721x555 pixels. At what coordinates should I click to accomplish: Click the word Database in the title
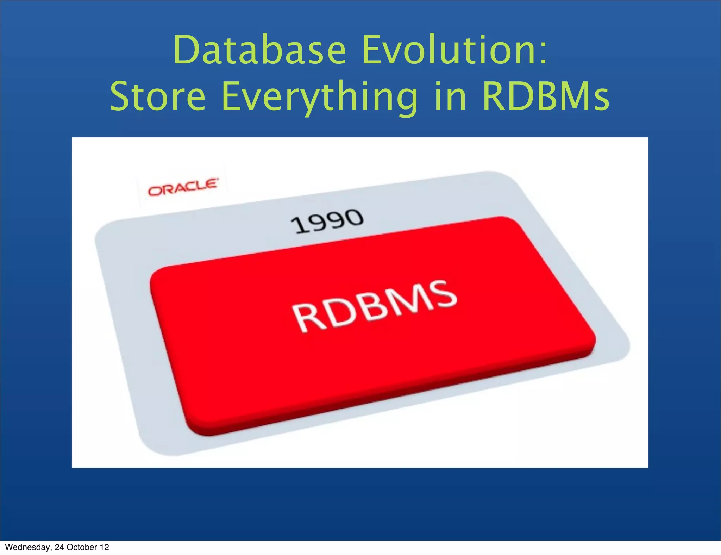click(260, 50)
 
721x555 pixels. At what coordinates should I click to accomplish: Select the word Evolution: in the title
click(454, 50)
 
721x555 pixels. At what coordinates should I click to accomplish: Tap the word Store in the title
click(158, 96)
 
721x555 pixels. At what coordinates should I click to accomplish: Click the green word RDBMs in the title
click(546, 96)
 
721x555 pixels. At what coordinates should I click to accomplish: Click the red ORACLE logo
click(183, 187)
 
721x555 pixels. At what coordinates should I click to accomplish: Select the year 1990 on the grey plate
click(327, 221)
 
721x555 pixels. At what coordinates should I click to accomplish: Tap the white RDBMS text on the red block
click(375, 306)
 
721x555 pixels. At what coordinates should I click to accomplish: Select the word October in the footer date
click(82, 547)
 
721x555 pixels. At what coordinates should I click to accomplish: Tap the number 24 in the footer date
click(59, 547)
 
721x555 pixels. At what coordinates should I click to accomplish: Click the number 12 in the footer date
click(105, 547)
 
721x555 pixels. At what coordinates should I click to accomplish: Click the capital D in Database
click(187, 50)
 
